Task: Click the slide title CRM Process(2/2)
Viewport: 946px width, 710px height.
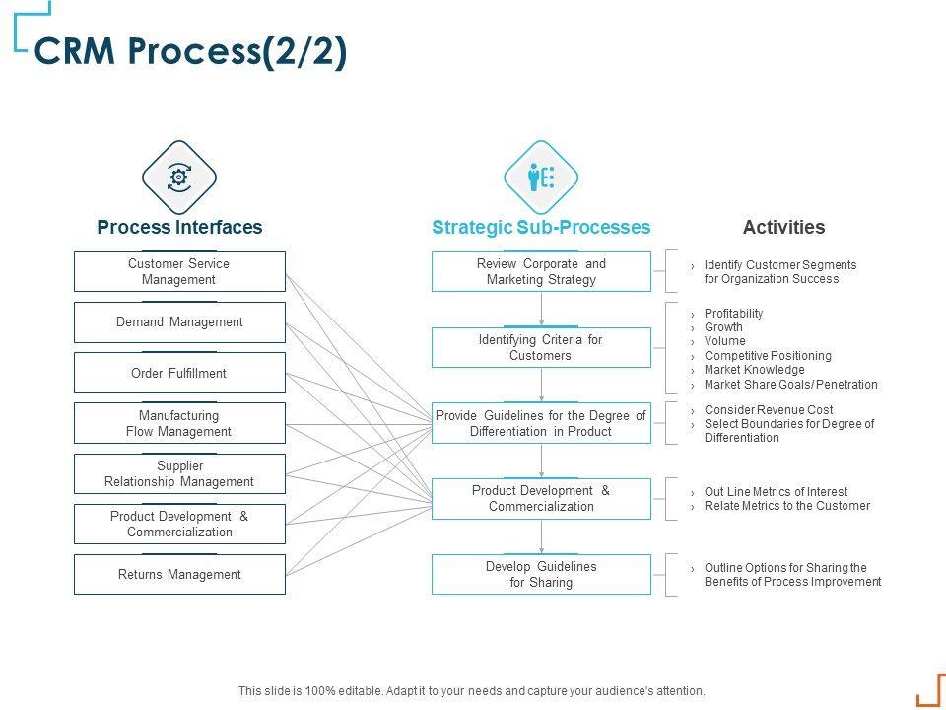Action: tap(190, 50)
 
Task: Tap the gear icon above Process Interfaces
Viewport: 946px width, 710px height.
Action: tap(179, 177)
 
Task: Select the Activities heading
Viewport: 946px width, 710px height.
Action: tap(783, 227)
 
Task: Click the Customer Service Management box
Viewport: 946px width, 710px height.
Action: tap(179, 272)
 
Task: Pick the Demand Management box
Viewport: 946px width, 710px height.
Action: tap(179, 322)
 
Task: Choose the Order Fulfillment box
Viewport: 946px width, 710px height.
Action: tap(179, 373)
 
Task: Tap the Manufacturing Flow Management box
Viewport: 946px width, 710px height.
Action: tap(179, 423)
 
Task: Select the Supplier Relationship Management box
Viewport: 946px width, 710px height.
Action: tap(179, 474)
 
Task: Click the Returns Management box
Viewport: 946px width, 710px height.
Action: tap(179, 574)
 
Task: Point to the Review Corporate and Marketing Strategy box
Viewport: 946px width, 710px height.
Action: tap(541, 272)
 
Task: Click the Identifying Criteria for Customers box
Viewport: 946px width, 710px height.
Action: tap(541, 348)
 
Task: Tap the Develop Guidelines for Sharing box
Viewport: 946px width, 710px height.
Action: tap(541, 574)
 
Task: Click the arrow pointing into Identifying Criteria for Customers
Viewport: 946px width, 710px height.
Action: tap(541, 310)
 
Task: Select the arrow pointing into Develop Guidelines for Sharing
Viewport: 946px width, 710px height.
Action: tap(541, 536)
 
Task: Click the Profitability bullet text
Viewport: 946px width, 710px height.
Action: tap(733, 314)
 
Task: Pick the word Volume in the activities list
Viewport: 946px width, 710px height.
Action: tap(724, 341)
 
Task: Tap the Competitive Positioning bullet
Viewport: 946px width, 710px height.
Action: tap(768, 356)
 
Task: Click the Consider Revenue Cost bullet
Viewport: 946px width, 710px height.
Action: tap(769, 410)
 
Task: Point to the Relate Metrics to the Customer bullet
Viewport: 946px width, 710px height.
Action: tap(786, 506)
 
